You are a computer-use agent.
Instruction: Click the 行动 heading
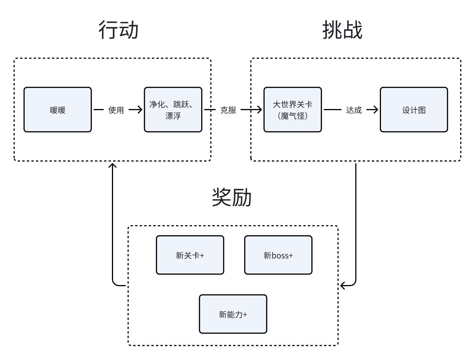point(118,30)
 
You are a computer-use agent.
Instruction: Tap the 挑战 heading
point(342,30)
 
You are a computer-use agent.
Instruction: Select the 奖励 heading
point(232,197)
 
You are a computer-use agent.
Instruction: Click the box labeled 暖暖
point(58,110)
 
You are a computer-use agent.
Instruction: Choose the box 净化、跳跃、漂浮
point(173,110)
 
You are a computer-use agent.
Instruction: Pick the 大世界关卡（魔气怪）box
point(293,110)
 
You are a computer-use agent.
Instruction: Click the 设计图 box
point(414,110)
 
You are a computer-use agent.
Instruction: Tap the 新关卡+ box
point(190,255)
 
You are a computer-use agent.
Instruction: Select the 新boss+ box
point(278,255)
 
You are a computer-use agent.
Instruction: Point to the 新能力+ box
point(233,314)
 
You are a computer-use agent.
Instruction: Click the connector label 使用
point(116,110)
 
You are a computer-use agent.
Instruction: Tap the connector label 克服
point(228,110)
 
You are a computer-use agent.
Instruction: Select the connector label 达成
point(354,110)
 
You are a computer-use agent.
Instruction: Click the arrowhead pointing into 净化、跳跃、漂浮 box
point(140,110)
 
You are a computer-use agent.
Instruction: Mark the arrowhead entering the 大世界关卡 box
point(259,110)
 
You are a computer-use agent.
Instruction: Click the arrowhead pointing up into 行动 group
point(113,165)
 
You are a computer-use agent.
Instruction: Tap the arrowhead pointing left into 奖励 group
point(343,285)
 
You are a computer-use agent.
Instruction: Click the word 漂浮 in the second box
point(173,116)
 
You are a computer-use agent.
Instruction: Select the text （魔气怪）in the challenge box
point(293,116)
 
